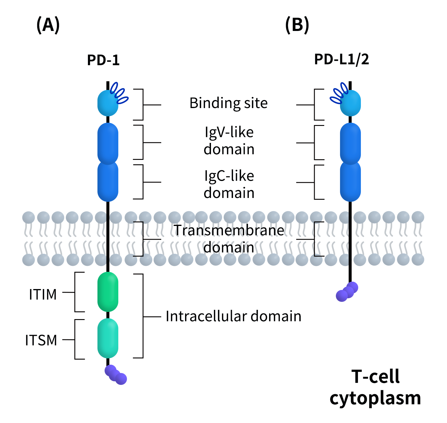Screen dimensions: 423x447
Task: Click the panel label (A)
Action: [48, 25]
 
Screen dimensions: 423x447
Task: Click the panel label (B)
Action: [297, 25]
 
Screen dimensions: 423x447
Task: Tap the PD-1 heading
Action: [103, 60]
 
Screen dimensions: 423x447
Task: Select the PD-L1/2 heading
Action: [342, 60]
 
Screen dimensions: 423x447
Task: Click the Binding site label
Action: [229, 103]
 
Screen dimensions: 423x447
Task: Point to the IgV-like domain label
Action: [229, 141]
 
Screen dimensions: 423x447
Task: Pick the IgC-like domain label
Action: [229, 184]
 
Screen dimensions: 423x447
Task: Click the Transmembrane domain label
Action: [229, 239]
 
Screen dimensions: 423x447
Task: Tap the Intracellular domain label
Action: [233, 316]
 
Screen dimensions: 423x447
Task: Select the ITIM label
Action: [43, 294]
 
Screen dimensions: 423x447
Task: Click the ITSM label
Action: [41, 340]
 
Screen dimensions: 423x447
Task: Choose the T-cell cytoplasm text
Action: [375, 387]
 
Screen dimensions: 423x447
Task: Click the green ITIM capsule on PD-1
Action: [108, 292]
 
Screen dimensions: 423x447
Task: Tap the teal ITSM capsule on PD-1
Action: [108, 338]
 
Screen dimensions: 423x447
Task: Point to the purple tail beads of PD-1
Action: [116, 375]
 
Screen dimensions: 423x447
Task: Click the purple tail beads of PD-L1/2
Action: [347, 292]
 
